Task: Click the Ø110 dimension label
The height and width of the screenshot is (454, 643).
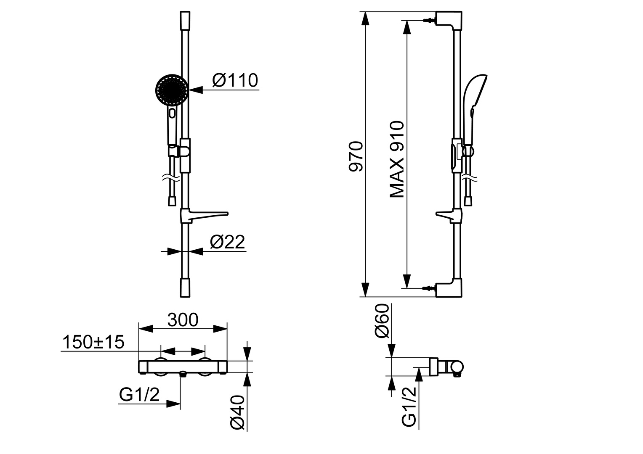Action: (x=235, y=80)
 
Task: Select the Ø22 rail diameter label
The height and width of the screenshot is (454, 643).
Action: (x=227, y=242)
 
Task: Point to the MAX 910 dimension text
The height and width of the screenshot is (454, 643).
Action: (x=396, y=159)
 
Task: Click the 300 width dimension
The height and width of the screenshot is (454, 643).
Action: (x=183, y=320)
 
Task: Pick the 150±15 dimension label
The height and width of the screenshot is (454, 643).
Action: (x=93, y=342)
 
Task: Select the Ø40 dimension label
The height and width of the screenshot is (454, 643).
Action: (x=238, y=412)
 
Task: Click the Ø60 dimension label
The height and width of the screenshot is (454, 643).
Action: (x=381, y=326)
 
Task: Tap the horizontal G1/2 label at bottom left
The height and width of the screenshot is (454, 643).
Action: (x=139, y=395)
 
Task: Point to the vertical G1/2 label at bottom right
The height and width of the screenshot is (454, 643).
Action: (x=409, y=407)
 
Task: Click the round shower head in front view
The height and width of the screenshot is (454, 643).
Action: (x=172, y=89)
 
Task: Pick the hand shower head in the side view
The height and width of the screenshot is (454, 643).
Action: (x=475, y=93)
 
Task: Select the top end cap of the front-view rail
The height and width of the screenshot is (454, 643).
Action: (x=185, y=20)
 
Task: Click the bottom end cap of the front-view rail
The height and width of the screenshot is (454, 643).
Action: (x=185, y=287)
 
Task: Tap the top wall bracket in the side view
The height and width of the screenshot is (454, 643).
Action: (x=449, y=20)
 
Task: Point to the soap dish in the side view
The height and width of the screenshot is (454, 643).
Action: (x=446, y=215)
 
